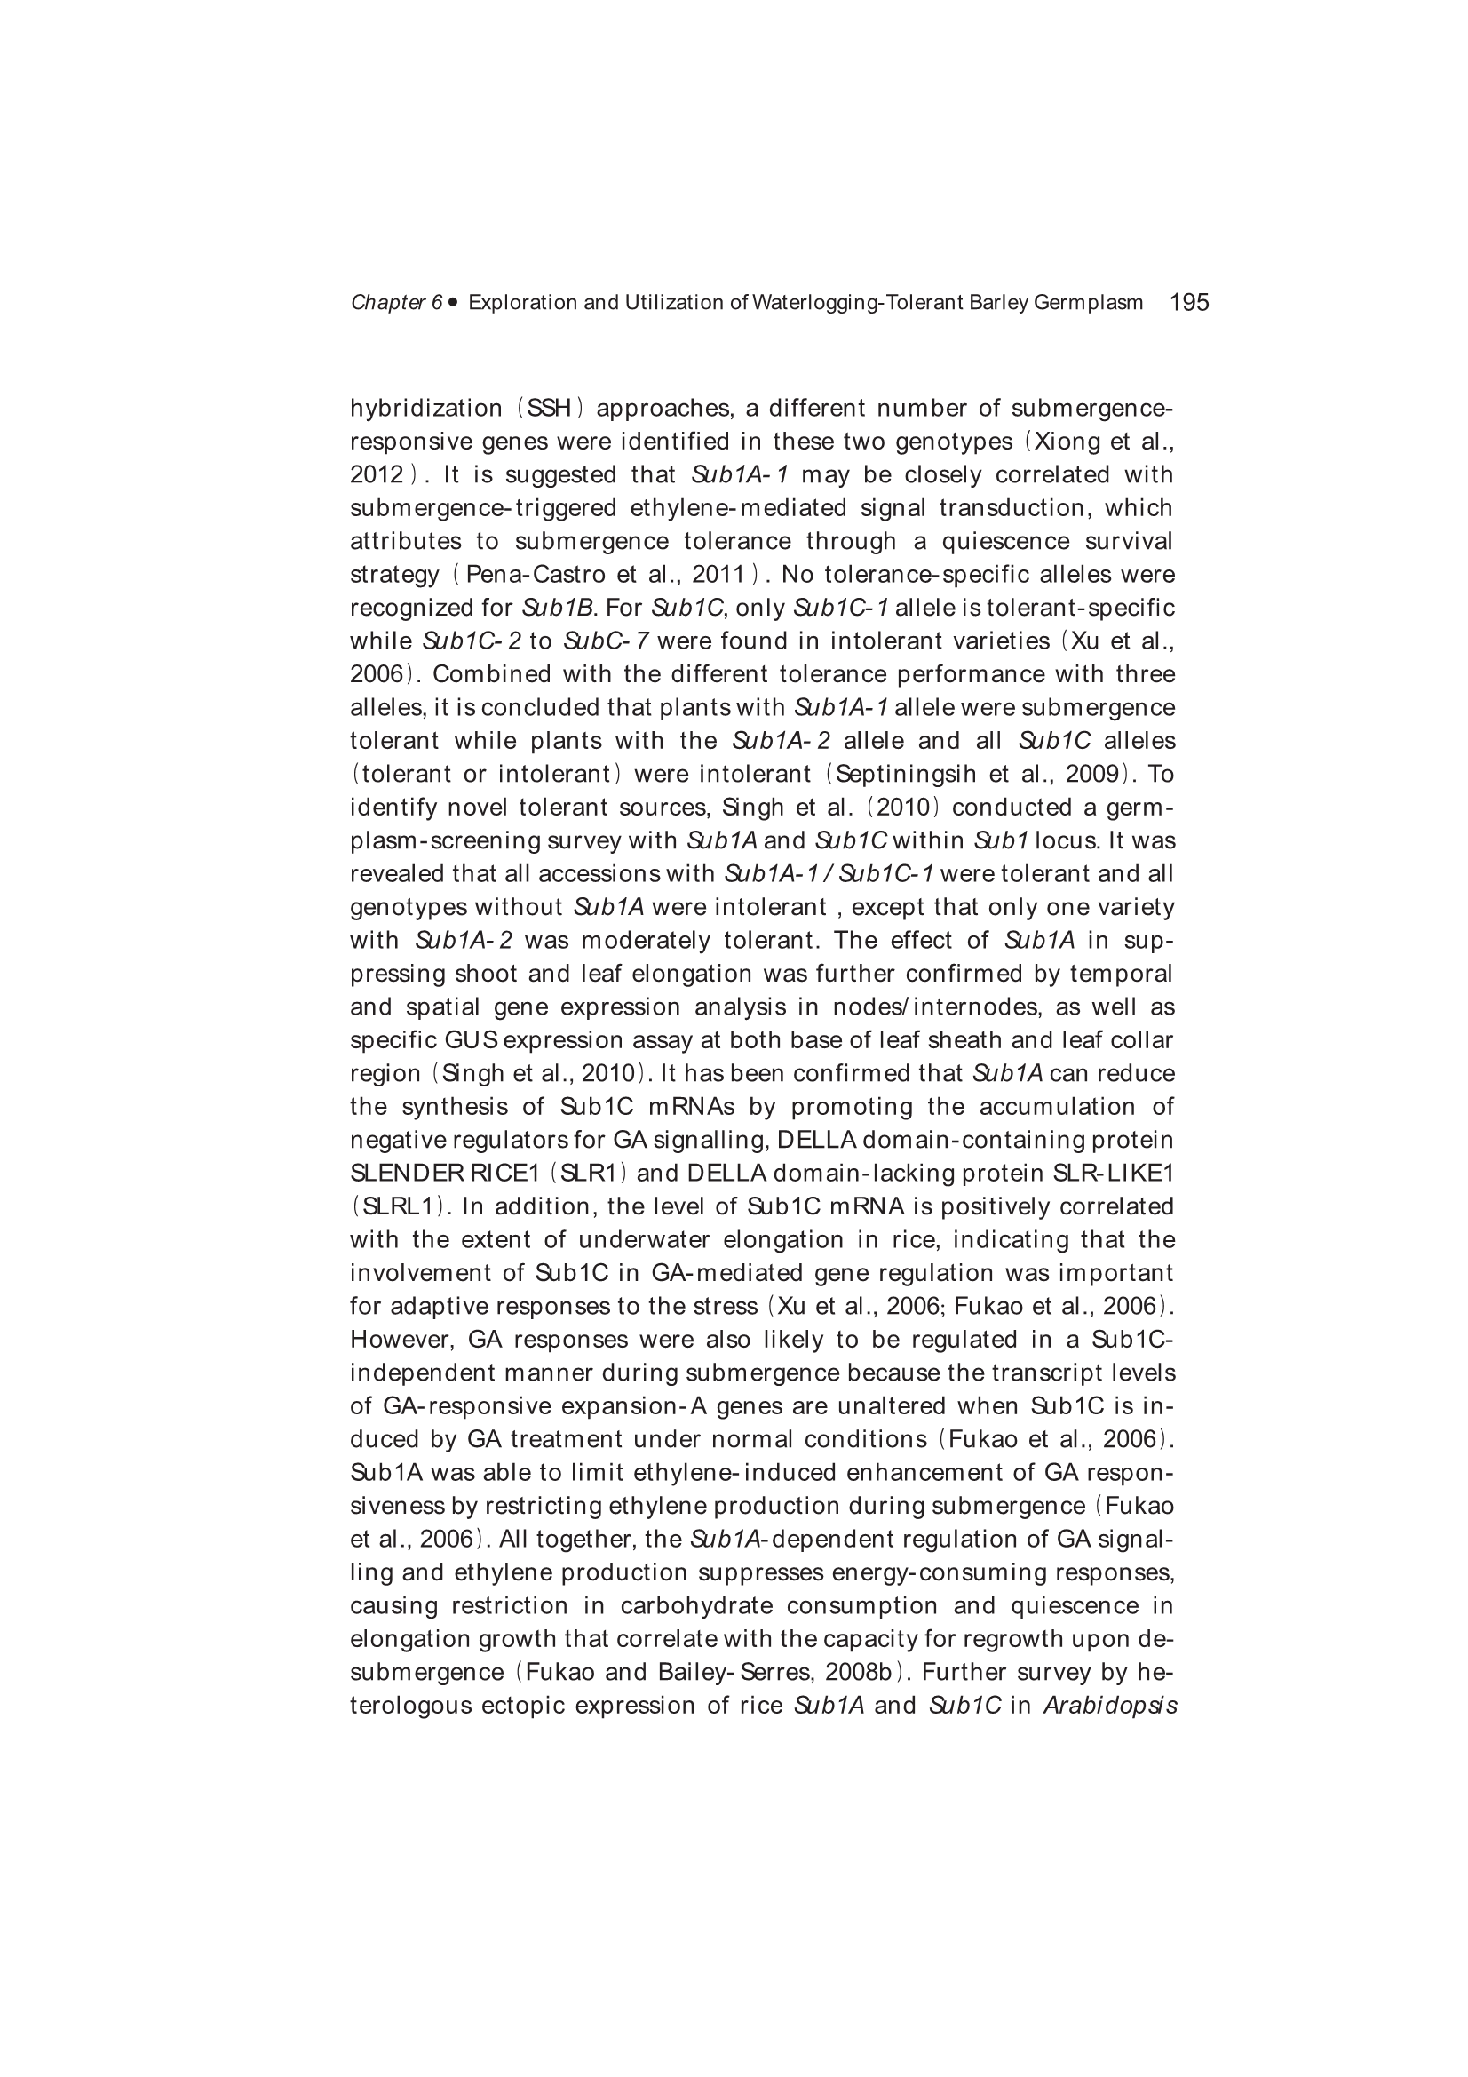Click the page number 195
tap(1188, 302)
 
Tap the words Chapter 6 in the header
tap(396, 303)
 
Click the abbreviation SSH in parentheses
tap(550, 409)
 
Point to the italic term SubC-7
tap(605, 642)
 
